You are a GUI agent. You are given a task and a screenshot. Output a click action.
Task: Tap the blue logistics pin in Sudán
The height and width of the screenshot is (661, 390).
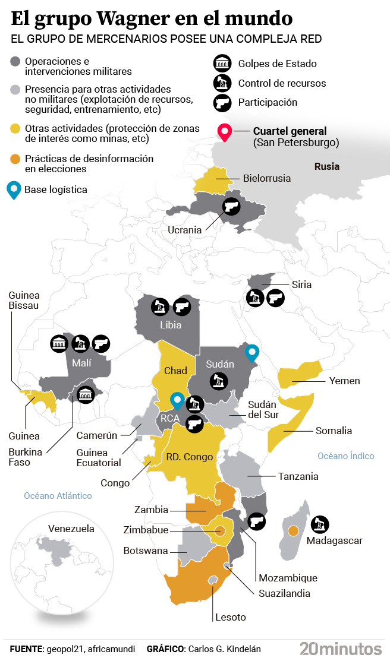[253, 352]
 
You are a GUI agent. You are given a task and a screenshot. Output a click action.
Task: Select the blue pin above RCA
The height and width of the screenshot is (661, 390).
[177, 401]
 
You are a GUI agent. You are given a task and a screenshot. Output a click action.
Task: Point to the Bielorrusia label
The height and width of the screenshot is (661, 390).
[266, 178]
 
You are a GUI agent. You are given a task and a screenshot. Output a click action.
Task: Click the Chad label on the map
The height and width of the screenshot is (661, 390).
[175, 371]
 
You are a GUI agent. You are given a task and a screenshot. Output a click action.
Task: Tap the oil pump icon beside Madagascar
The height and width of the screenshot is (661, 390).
[320, 523]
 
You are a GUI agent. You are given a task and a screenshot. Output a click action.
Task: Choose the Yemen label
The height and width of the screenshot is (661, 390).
[345, 381]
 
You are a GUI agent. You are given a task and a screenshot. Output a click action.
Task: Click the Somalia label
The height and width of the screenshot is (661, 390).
[334, 431]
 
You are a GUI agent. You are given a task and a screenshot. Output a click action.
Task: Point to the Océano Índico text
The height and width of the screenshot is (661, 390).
[345, 456]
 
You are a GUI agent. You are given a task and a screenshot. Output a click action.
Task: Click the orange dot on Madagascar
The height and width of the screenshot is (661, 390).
[292, 530]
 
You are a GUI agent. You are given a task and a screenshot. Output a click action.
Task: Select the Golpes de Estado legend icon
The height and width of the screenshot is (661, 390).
[222, 64]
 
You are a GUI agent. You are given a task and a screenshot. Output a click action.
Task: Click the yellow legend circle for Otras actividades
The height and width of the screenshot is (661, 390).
[16, 128]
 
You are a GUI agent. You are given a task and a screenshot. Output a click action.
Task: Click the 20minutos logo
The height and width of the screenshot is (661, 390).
[340, 648]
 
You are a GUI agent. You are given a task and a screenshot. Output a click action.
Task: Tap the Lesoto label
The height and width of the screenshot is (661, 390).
[231, 617]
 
